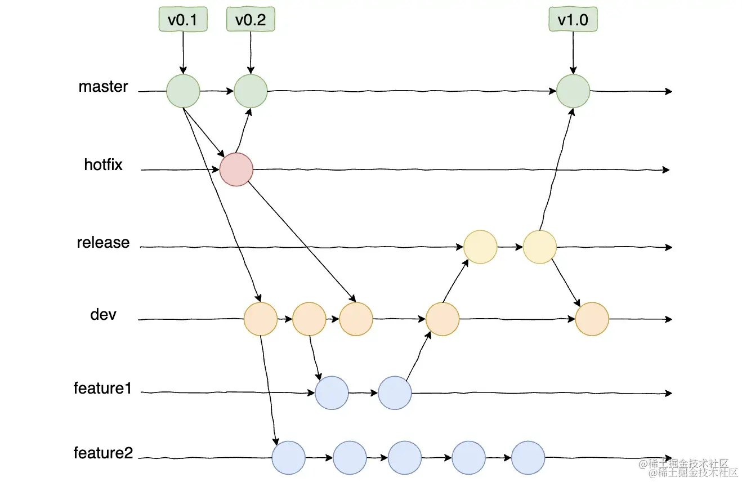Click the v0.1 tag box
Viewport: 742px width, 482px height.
point(183,20)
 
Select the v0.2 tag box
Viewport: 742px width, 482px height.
point(251,20)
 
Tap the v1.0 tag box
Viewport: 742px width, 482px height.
point(573,20)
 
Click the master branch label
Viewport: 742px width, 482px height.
point(104,87)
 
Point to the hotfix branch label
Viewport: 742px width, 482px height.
point(104,165)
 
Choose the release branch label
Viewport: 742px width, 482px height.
point(104,243)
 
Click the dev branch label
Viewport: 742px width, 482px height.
point(103,314)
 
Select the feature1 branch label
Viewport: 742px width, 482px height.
point(102,388)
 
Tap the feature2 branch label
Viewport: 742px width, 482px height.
point(103,453)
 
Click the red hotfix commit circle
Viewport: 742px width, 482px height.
point(236,169)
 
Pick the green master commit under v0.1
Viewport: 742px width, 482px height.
point(183,91)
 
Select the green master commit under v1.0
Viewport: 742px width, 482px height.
point(573,91)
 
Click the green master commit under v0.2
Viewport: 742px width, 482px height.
point(251,91)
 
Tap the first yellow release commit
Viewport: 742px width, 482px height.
point(480,247)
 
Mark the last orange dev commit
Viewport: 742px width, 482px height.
point(592,319)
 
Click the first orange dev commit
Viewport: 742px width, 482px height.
point(261,319)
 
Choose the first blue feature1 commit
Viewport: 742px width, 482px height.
point(332,393)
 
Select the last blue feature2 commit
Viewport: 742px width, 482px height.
point(528,458)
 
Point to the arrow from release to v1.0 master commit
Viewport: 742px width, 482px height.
point(556,169)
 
